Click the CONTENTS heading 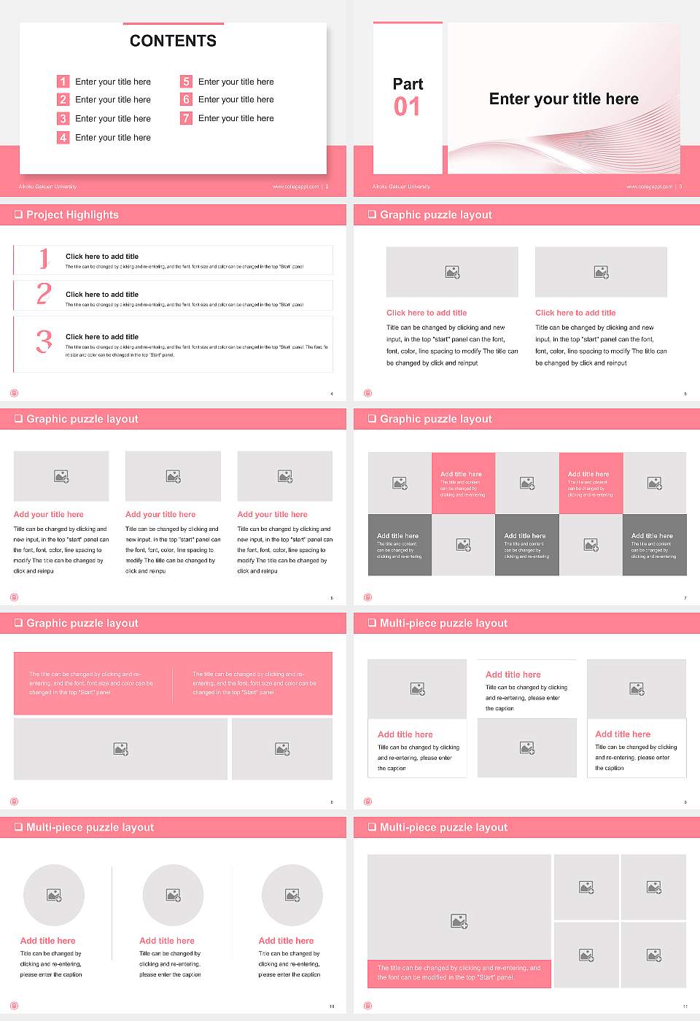tap(173, 41)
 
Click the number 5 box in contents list tap(186, 82)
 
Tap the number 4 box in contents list tap(63, 137)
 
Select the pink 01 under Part tap(407, 107)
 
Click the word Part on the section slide tap(408, 84)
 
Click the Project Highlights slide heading tap(71, 215)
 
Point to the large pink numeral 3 tap(44, 341)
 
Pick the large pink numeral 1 tap(44, 258)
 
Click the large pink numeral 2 tap(44, 294)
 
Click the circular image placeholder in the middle tap(173, 895)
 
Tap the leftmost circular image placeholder tap(54, 895)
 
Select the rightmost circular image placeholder tap(292, 895)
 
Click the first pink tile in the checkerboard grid tap(463, 484)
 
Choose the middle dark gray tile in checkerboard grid tap(526, 545)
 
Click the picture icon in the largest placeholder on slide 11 tap(459, 922)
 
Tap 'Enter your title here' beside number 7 tap(236, 118)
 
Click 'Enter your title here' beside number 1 tap(113, 82)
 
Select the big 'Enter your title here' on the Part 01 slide tap(564, 99)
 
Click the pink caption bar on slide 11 tap(459, 973)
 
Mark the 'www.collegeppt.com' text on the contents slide tap(295, 187)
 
